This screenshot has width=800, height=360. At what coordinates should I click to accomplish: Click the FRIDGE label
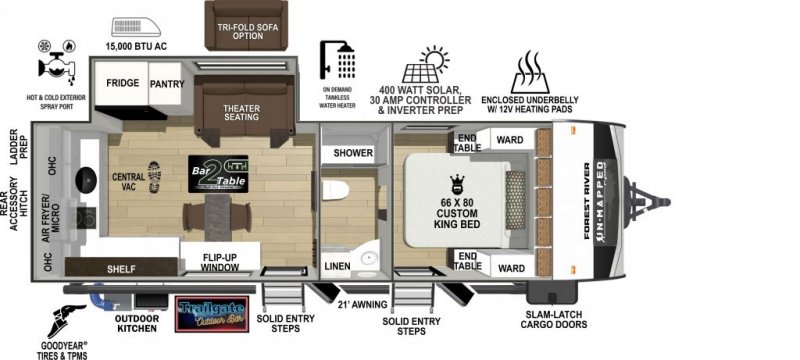coord(123,85)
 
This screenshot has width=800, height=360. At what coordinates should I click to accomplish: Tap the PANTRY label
coord(167,85)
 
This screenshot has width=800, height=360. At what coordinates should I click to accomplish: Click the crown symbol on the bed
coord(461,183)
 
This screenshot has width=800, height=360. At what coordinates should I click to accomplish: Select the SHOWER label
coord(352,153)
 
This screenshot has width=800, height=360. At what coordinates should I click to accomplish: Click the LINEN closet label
coord(337,265)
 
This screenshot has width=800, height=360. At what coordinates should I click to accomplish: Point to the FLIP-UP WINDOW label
coord(219,261)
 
